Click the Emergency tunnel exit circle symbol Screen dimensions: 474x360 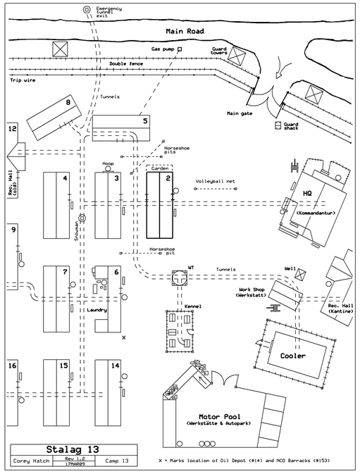87,10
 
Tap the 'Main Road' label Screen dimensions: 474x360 185,32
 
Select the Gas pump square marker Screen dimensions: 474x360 180,49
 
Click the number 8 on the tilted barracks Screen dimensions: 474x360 68,103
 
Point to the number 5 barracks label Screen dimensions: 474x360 144,121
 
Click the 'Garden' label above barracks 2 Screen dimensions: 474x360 158,169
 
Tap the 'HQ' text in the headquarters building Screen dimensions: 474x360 306,193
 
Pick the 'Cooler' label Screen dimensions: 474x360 293,356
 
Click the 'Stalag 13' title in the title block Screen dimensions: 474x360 73,449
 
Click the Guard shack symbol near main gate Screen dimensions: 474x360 278,125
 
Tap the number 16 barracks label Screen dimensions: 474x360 12,366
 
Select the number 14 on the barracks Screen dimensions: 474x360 115,366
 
